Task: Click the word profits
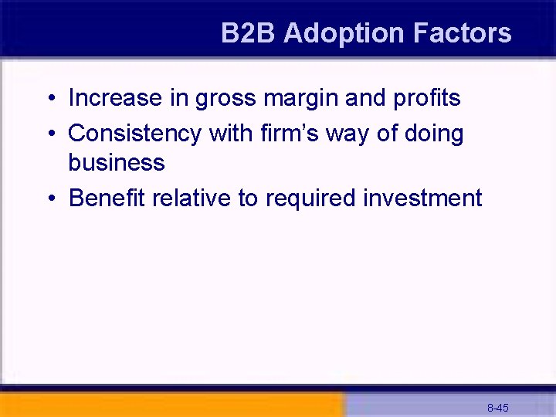point(426,98)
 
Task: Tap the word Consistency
point(134,134)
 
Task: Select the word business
point(117,163)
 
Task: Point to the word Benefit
point(107,198)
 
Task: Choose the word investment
point(422,198)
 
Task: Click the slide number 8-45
point(497,407)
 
